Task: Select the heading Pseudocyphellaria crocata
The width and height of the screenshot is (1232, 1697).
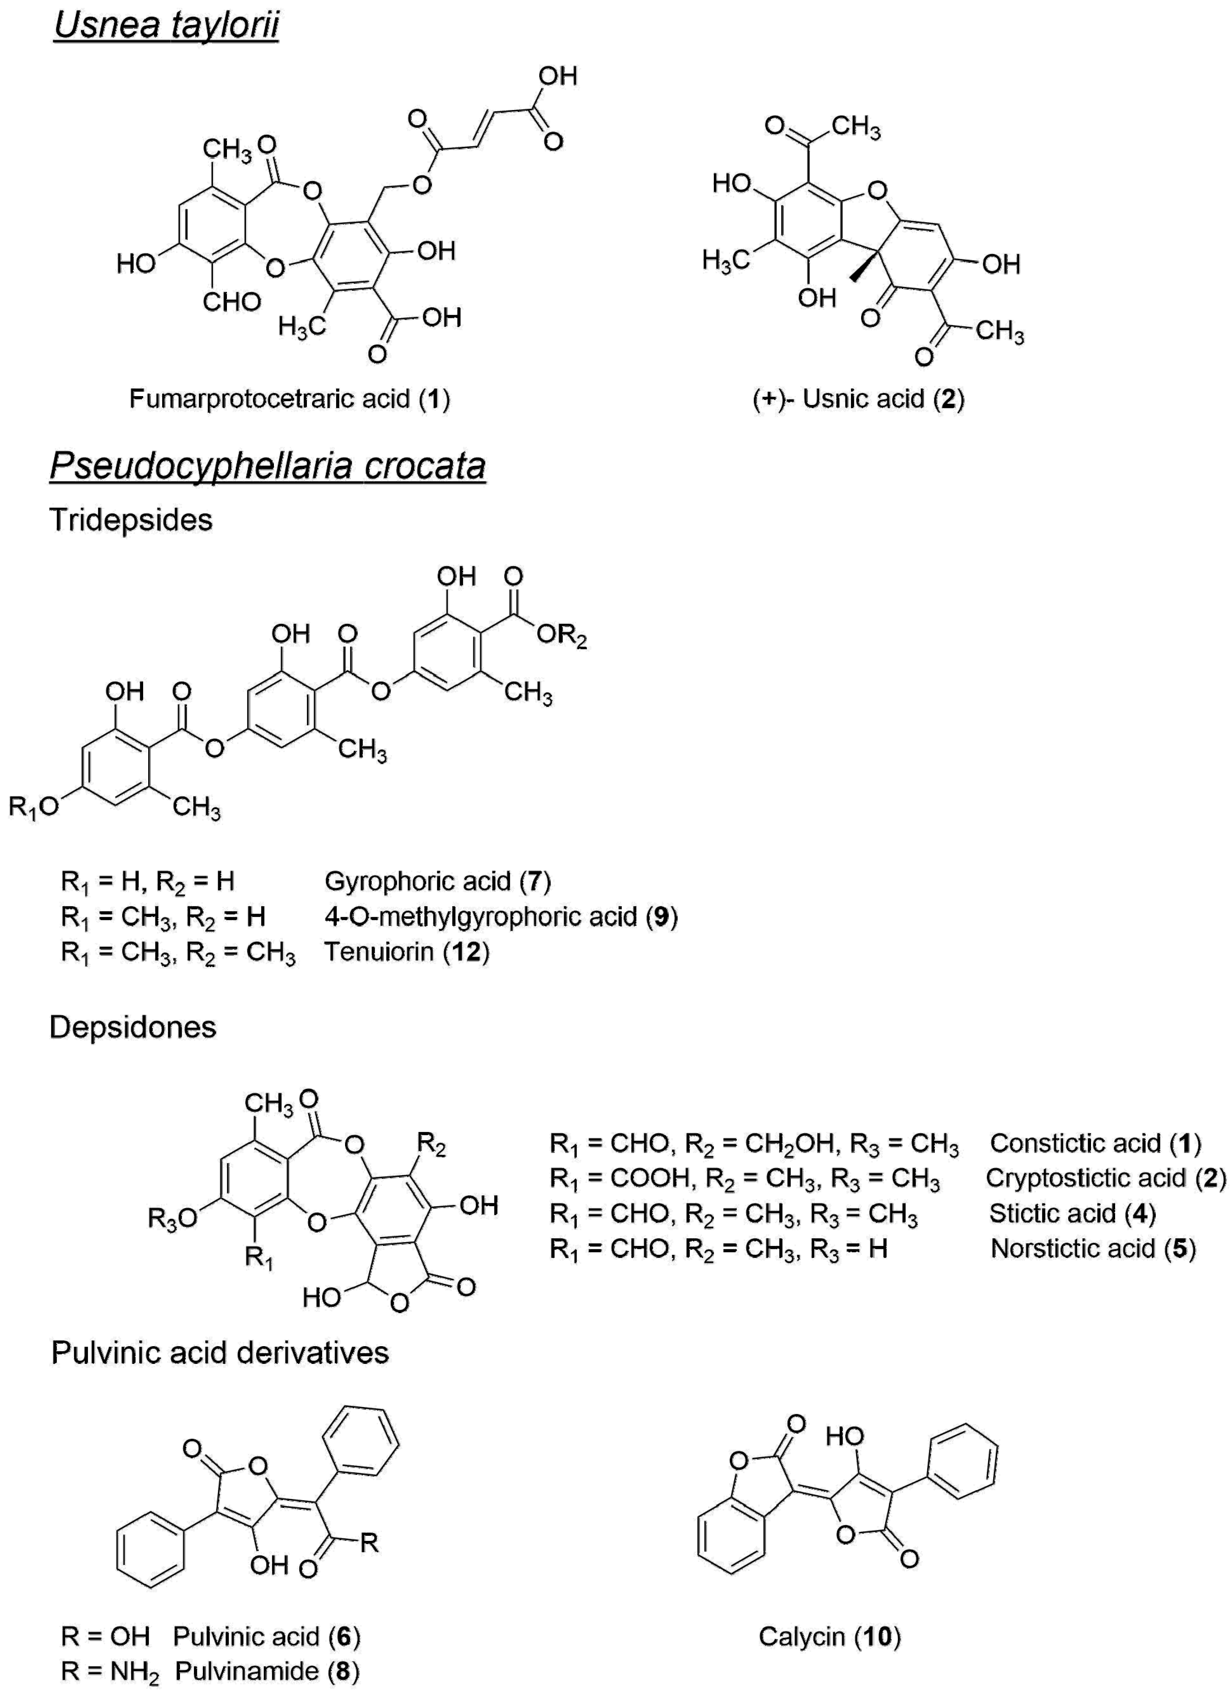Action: click(267, 466)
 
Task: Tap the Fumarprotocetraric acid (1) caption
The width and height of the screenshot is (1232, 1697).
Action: click(289, 399)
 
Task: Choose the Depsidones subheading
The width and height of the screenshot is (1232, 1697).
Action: click(133, 1028)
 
